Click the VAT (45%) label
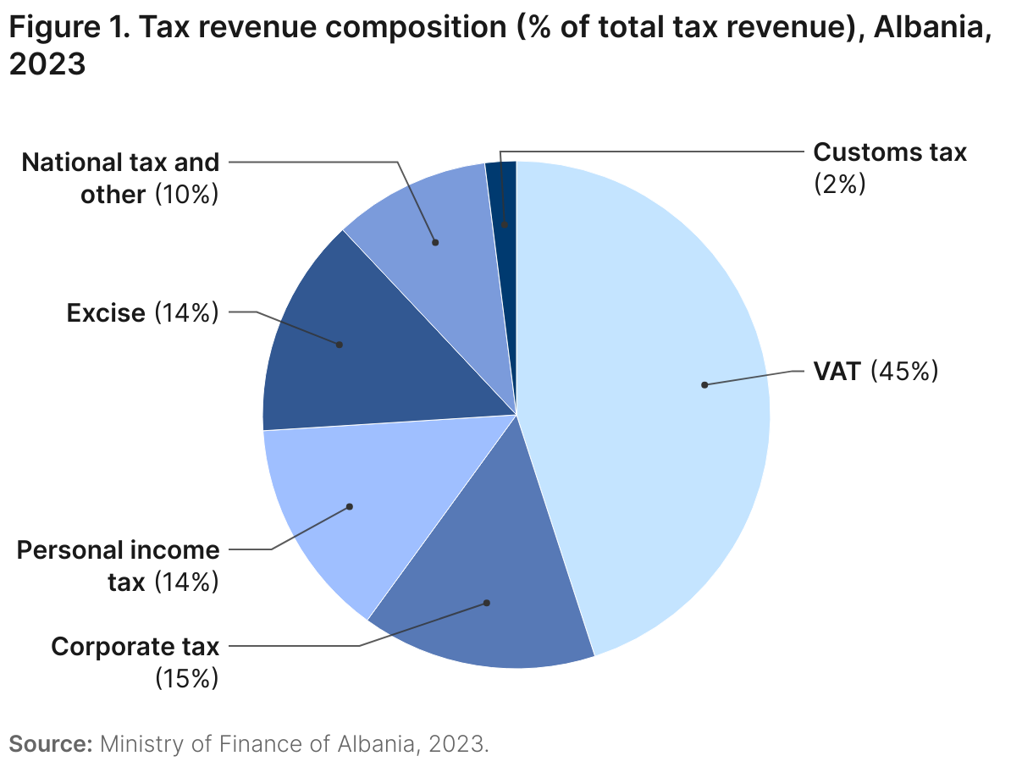click(876, 371)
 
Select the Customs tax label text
click(889, 152)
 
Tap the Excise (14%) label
click(142, 313)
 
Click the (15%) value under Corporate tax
click(186, 678)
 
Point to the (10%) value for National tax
click(186, 195)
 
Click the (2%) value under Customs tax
click(839, 184)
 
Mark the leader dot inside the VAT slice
click(704, 384)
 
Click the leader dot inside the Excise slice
click(340, 345)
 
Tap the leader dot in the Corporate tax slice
click(487, 603)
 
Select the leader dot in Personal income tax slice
click(349, 506)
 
